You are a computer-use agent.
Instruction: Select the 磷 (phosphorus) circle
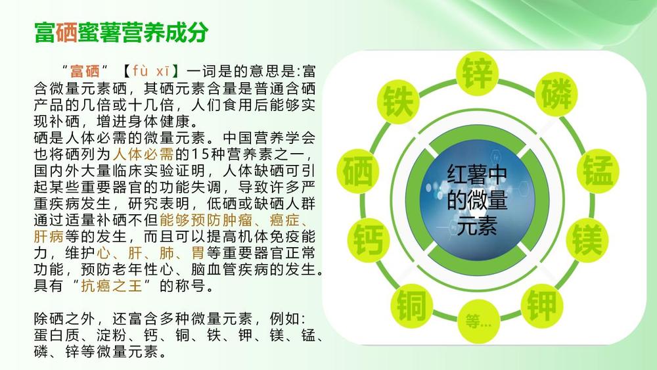click(x=556, y=94)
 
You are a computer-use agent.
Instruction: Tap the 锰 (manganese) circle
click(x=597, y=171)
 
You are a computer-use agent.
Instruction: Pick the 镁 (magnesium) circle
click(x=587, y=240)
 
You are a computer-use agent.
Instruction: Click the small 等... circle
click(x=478, y=321)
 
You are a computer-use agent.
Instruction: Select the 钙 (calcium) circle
click(x=369, y=240)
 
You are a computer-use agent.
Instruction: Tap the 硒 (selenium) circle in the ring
click(x=358, y=171)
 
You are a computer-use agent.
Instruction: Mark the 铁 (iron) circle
click(x=399, y=102)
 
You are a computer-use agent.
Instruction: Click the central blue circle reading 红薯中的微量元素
click(x=477, y=199)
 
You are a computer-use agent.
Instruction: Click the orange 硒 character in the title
click(x=66, y=32)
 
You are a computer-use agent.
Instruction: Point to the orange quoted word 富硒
click(x=85, y=71)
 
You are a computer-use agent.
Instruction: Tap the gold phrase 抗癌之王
click(x=112, y=286)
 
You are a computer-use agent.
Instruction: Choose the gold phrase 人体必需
click(x=143, y=154)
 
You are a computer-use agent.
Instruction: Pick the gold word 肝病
click(x=49, y=237)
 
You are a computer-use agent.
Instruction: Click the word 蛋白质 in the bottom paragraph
click(x=57, y=335)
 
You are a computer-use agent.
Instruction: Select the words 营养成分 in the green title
click(x=165, y=32)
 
